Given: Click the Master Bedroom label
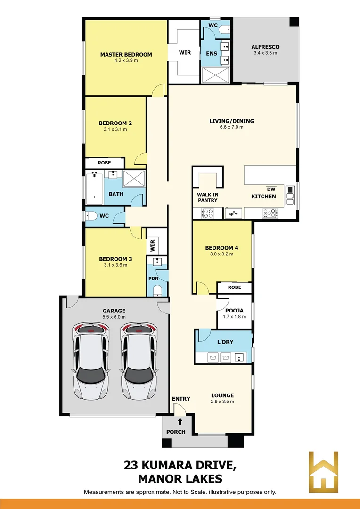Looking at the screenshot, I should point(126,54).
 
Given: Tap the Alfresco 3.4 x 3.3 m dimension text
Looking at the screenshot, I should point(265,53).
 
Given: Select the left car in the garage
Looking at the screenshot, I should point(91,361).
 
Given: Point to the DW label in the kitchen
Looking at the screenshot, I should point(270,189).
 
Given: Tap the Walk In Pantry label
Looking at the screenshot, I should point(207,197).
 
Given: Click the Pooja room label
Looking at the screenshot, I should point(234,310).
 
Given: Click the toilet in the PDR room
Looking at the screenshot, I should point(158,289).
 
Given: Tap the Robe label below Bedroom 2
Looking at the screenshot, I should point(104,163).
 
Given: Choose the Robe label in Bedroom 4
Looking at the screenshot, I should point(234,287).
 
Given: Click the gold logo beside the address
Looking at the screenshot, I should point(323,472).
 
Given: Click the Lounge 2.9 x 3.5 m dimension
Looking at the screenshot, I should point(222,402).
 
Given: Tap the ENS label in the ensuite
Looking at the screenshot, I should point(212,53).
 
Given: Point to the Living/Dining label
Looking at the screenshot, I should point(232,121).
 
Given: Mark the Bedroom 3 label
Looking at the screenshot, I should point(115,259).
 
